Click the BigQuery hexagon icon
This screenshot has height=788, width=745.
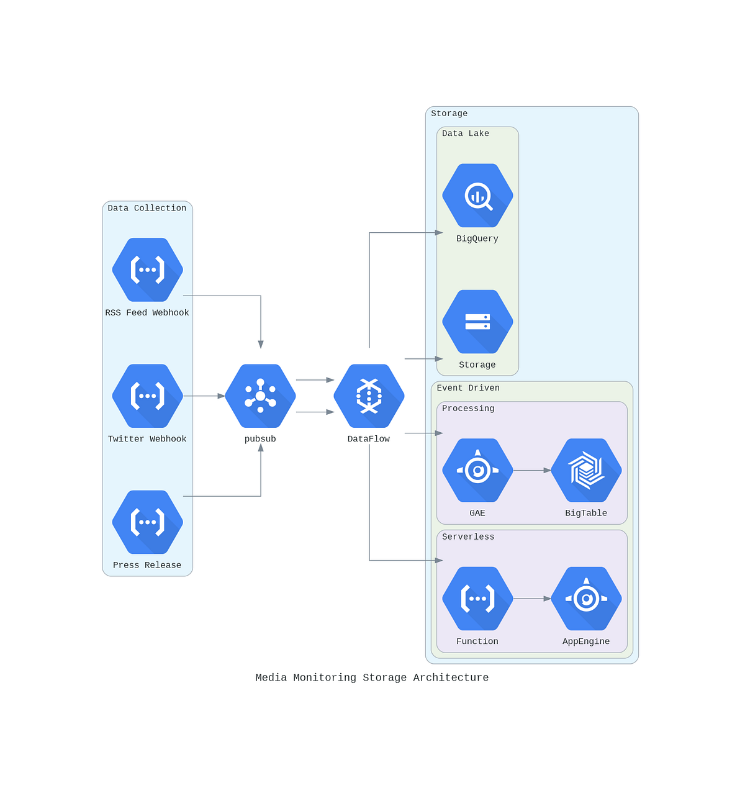[x=477, y=196]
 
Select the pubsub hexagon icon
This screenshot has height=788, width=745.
[x=260, y=396]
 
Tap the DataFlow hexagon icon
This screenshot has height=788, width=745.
[x=369, y=396]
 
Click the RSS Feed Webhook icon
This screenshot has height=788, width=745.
[x=147, y=270]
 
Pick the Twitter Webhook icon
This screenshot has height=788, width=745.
[x=147, y=396]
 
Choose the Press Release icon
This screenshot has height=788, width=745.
[x=147, y=522]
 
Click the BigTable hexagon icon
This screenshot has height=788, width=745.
[x=586, y=471]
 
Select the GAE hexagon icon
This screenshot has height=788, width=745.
[x=477, y=471]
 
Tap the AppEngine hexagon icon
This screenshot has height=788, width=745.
[x=586, y=599]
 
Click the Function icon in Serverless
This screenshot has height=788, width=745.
[x=477, y=599]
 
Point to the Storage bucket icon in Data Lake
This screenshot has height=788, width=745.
[x=477, y=322]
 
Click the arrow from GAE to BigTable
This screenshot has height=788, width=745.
[x=532, y=471]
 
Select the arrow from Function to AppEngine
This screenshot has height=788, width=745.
[x=532, y=599]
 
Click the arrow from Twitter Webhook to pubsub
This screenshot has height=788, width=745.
[x=204, y=396]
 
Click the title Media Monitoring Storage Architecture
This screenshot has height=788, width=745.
[x=372, y=677]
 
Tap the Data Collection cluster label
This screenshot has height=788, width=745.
[x=147, y=208]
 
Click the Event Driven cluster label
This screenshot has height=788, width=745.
[x=468, y=388]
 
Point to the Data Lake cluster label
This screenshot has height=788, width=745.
[x=466, y=134]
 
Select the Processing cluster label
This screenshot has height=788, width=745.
[x=468, y=409]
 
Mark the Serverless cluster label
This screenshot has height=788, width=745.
[x=468, y=537]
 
